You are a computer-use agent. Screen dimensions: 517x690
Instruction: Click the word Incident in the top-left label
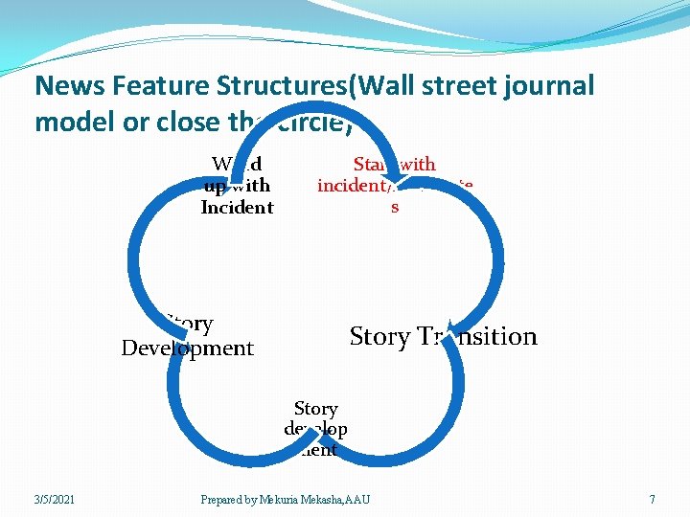(x=237, y=208)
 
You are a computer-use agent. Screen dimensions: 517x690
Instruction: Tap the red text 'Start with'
(x=394, y=165)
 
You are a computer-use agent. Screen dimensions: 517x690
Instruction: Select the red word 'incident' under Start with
(x=349, y=186)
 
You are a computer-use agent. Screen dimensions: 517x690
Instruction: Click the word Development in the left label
(x=188, y=348)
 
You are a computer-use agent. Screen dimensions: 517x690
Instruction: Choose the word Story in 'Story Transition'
(x=379, y=337)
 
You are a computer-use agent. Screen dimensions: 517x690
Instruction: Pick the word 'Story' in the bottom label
(x=315, y=409)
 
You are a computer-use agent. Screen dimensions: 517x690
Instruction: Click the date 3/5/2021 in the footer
(x=55, y=500)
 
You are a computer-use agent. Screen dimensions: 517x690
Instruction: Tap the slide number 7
(x=652, y=500)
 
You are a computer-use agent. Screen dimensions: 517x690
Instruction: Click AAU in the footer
(x=356, y=500)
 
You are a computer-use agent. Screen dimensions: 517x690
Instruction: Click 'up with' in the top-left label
(x=237, y=186)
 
